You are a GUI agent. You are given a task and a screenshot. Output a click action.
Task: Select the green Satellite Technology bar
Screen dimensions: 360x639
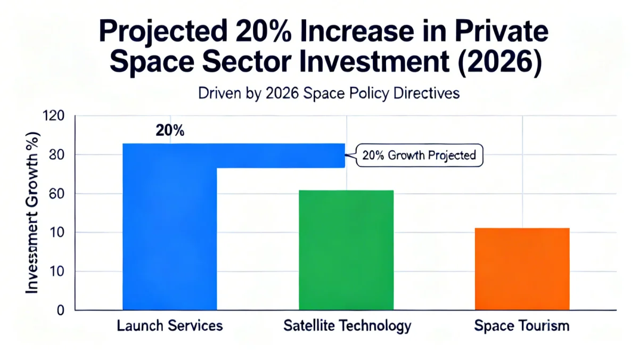pyautogui.click(x=346, y=250)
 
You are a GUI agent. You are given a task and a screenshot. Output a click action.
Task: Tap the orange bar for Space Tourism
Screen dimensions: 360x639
pyautogui.click(x=522, y=269)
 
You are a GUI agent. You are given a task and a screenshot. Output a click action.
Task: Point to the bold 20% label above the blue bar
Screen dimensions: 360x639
pyautogui.click(x=170, y=131)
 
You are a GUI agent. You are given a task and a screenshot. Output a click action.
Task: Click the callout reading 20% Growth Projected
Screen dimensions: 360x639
pyautogui.click(x=418, y=156)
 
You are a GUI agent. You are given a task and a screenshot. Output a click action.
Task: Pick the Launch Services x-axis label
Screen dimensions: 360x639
pyautogui.click(x=169, y=325)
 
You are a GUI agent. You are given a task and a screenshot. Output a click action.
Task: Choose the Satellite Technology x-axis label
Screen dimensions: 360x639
pyautogui.click(x=347, y=325)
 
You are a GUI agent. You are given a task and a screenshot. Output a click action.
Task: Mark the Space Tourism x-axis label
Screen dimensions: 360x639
pyautogui.click(x=521, y=325)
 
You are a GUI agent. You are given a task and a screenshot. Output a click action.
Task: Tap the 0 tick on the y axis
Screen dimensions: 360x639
pyautogui.click(x=61, y=310)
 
